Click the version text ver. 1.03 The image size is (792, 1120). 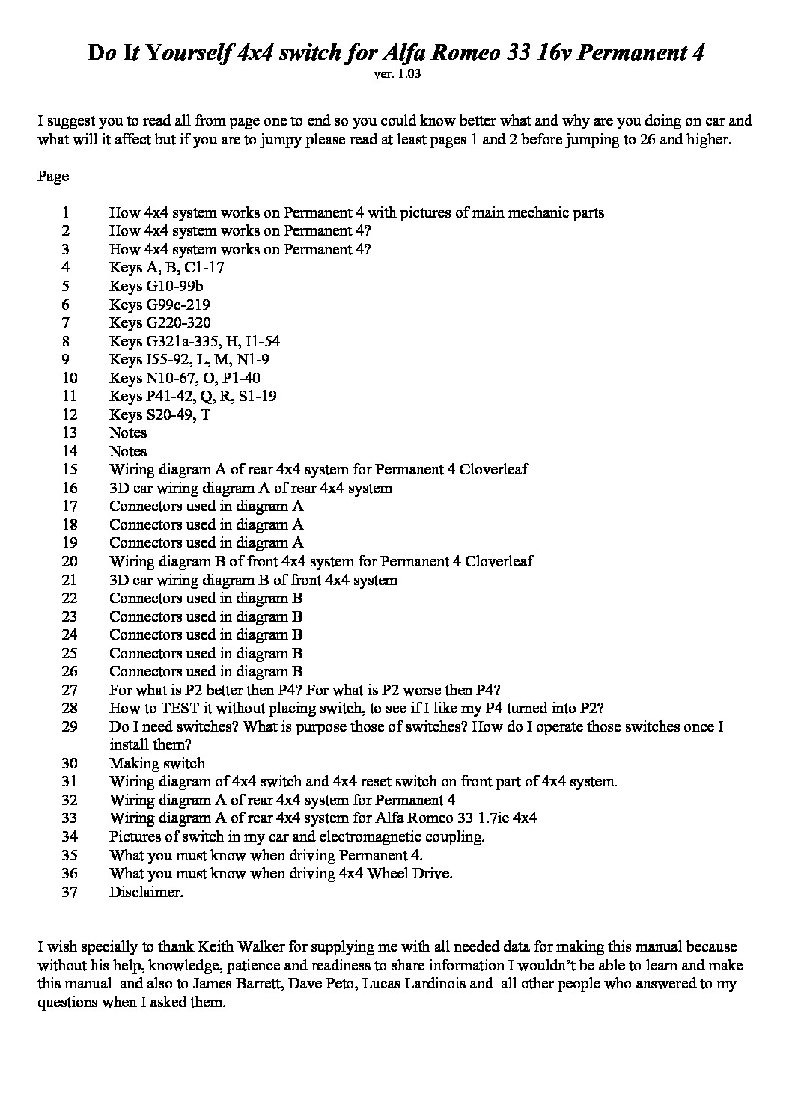[x=395, y=74]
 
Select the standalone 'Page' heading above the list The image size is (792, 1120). [x=52, y=177]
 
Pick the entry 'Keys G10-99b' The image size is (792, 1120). [x=156, y=287]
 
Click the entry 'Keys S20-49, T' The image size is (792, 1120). [x=159, y=414]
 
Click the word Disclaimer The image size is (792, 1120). [x=146, y=892]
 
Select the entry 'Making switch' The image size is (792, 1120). [x=156, y=763]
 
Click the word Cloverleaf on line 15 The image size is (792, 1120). [x=493, y=470]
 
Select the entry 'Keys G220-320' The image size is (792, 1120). [x=159, y=323]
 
